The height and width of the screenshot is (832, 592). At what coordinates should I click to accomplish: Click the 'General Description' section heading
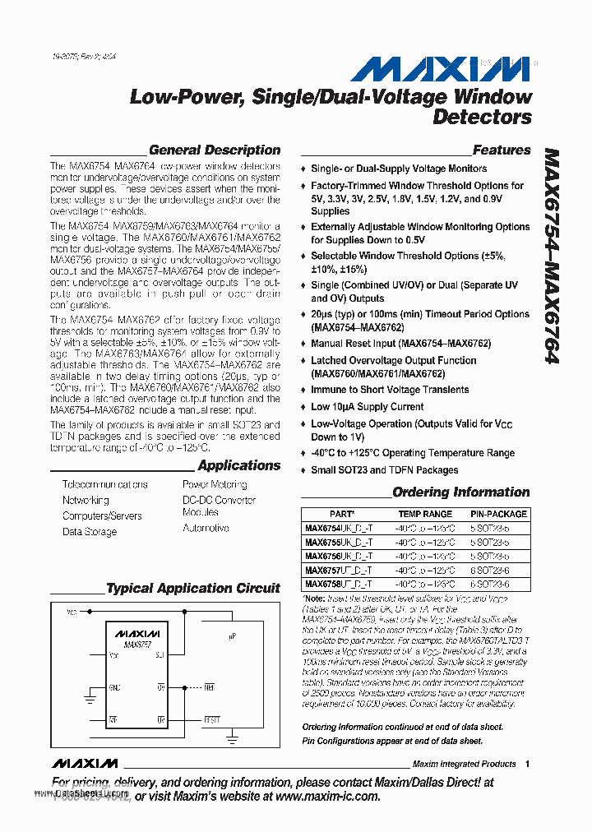tap(214, 150)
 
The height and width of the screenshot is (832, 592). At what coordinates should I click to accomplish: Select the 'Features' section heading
tap(502, 150)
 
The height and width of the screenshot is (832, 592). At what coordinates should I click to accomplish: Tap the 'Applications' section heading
tap(238, 465)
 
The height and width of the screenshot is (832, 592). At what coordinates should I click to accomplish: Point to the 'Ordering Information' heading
tap(460, 492)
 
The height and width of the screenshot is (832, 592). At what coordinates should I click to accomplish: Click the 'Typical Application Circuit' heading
tap(193, 588)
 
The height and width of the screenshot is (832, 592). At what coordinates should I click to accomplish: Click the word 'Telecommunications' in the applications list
tap(105, 485)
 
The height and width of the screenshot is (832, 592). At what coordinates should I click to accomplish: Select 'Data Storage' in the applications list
tap(90, 532)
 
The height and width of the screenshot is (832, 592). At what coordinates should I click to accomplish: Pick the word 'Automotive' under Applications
tap(206, 528)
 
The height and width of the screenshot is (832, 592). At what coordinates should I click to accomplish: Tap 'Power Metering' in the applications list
tap(215, 485)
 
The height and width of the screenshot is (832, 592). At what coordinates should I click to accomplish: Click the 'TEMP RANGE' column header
tap(425, 514)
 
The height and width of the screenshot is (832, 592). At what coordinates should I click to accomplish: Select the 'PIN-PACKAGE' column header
tap(498, 514)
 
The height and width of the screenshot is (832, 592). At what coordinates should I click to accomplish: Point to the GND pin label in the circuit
tap(115, 685)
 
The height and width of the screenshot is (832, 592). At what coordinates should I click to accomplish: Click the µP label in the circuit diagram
tap(233, 636)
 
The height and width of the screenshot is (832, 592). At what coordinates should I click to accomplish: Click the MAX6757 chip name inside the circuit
tap(136, 645)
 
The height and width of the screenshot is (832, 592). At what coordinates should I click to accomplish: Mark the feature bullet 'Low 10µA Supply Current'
tap(367, 407)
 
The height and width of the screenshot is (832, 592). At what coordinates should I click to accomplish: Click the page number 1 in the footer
tap(527, 764)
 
